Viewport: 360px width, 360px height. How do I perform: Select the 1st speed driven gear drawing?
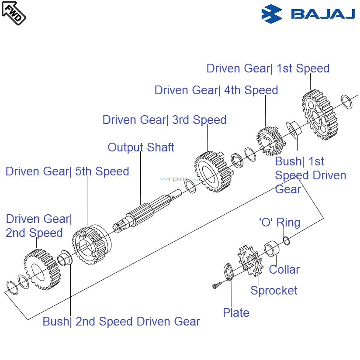320,115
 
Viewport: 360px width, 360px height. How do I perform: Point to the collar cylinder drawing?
272,250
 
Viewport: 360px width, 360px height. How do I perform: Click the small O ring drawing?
286,240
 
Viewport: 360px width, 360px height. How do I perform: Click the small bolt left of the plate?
216,286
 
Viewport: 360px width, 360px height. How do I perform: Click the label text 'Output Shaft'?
141,147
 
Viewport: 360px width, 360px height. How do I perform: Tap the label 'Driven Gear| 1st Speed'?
268,69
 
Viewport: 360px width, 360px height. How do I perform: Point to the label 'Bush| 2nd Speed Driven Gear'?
121,322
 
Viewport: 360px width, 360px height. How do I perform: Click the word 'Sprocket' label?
274,291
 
